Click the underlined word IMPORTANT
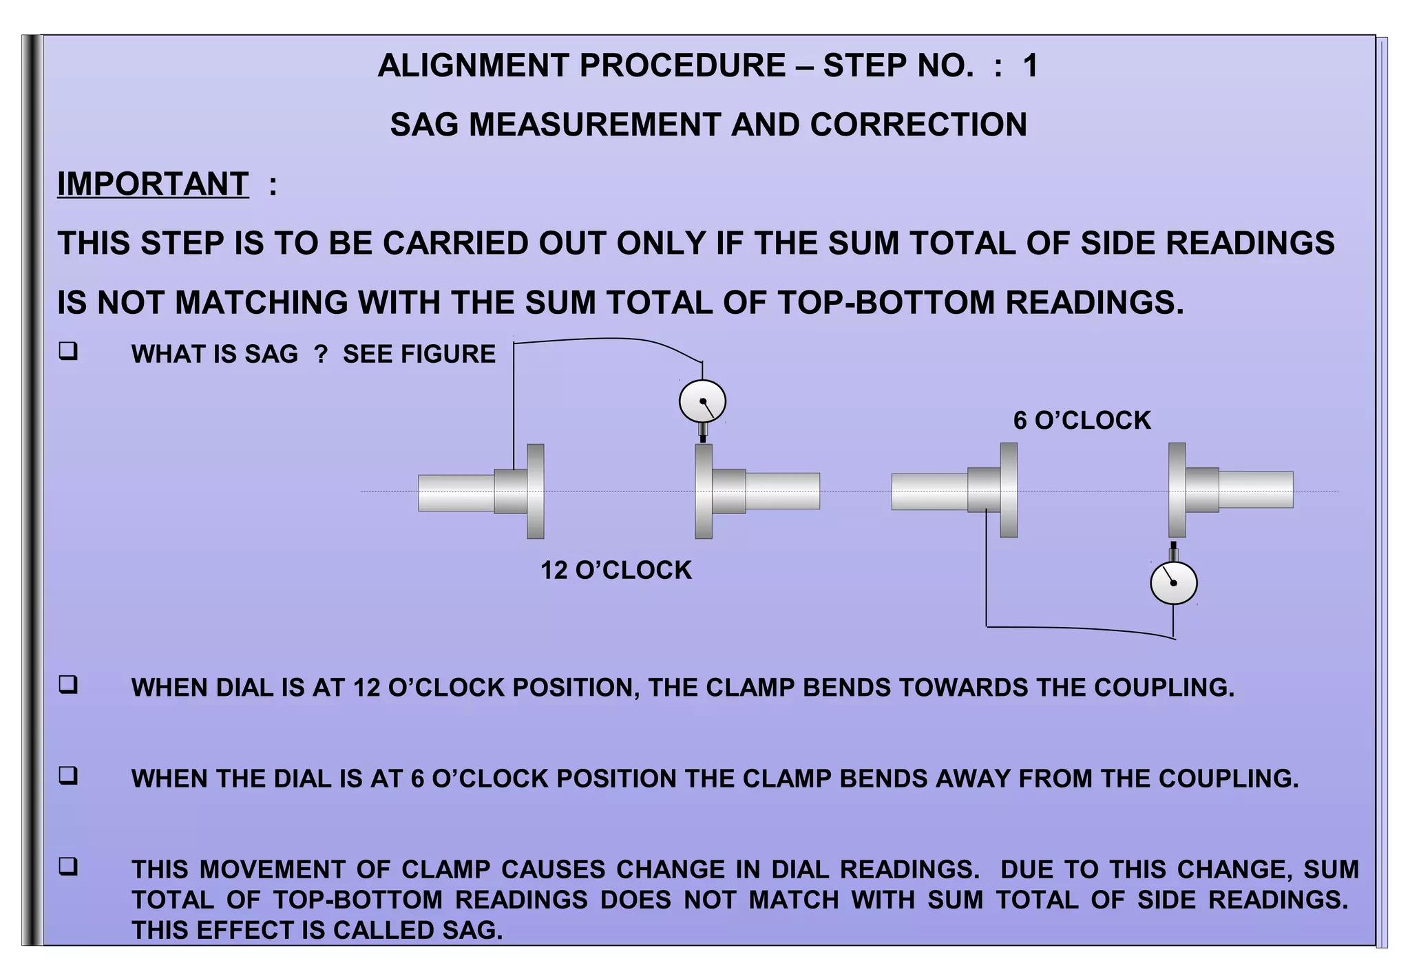pyautogui.click(x=153, y=184)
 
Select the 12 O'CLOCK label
pyautogui.click(x=615, y=570)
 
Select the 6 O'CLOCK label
pyautogui.click(x=1082, y=420)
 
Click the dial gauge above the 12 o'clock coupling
pyautogui.click(x=702, y=401)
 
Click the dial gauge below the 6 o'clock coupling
pyautogui.click(x=1173, y=583)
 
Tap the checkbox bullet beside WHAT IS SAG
pyautogui.click(x=68, y=352)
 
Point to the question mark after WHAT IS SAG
pyautogui.click(x=321, y=354)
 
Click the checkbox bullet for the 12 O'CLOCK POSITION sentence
pyautogui.click(x=68, y=685)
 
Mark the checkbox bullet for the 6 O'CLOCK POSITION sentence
pyautogui.click(x=68, y=776)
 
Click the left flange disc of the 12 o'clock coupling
pyautogui.click(x=535, y=491)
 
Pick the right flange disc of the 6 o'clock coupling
pyautogui.click(x=1177, y=489)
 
